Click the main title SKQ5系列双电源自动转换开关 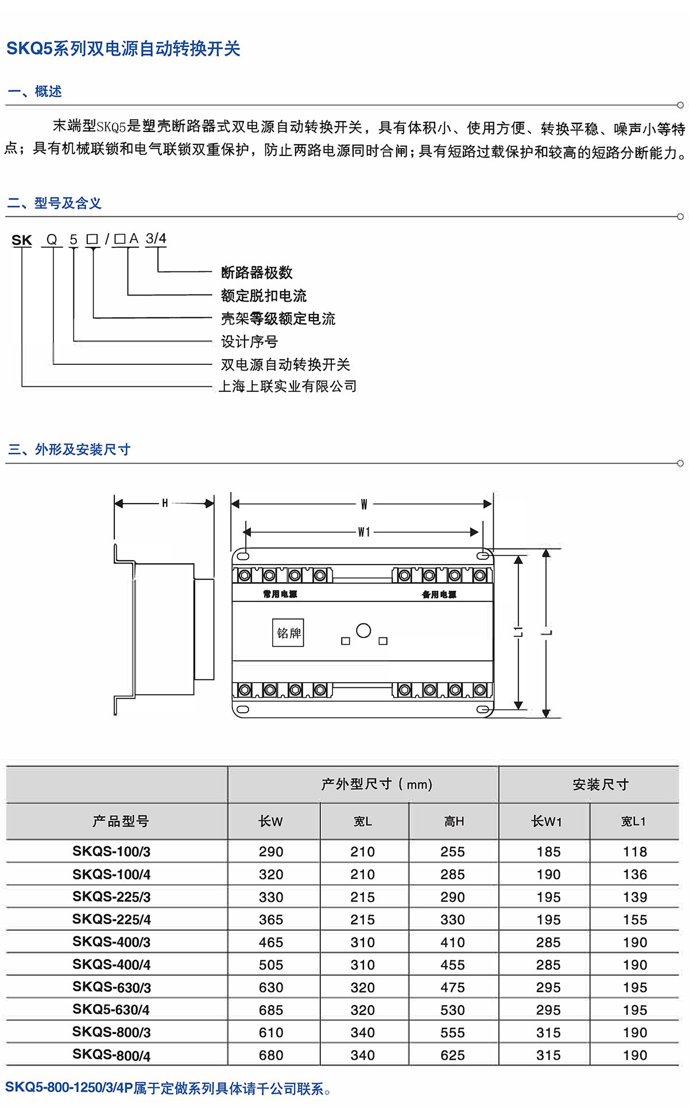pyautogui.click(x=123, y=49)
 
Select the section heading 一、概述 pyautogui.click(x=34, y=92)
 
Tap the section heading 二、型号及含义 pyautogui.click(x=55, y=203)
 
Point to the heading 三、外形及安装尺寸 pyautogui.click(x=69, y=449)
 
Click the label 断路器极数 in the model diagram pyautogui.click(x=257, y=273)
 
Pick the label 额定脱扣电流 pyautogui.click(x=264, y=295)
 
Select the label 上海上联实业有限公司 pyautogui.click(x=288, y=387)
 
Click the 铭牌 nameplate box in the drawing pyautogui.click(x=288, y=633)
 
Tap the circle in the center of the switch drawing pyautogui.click(x=363, y=631)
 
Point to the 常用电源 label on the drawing pyautogui.click(x=280, y=594)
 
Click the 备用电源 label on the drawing pyautogui.click(x=439, y=594)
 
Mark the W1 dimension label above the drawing pyautogui.click(x=364, y=532)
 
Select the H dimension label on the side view pyautogui.click(x=165, y=504)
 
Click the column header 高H pyautogui.click(x=454, y=822)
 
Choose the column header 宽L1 pyautogui.click(x=634, y=822)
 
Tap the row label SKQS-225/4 pyautogui.click(x=111, y=919)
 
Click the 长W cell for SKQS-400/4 pyautogui.click(x=271, y=964)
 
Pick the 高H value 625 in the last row pyautogui.click(x=452, y=1055)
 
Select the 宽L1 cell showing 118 pyautogui.click(x=635, y=852)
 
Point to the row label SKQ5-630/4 pyautogui.click(x=111, y=1010)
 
